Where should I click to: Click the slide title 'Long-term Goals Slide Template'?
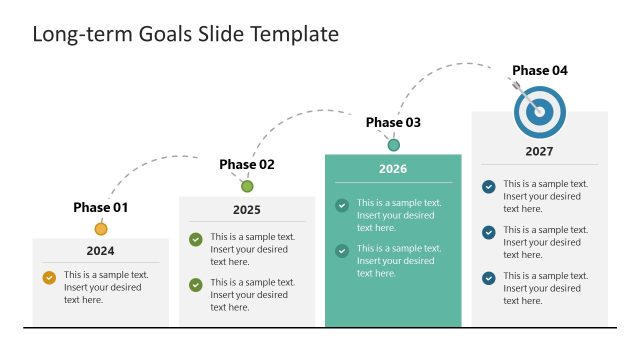(186, 34)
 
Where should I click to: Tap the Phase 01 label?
(101, 208)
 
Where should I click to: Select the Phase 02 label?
(247, 164)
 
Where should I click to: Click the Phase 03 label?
(393, 122)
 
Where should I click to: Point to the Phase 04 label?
(540, 70)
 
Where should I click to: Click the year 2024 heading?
(100, 251)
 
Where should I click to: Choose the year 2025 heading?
(247, 210)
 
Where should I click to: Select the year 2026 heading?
(393, 169)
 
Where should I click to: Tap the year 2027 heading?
(540, 152)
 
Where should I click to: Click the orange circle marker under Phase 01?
(101, 229)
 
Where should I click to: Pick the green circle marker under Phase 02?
(247, 186)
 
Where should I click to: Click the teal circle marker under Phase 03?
(394, 145)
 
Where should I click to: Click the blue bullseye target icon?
(540, 111)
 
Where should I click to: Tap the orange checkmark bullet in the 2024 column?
(49, 278)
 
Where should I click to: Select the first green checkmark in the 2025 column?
(196, 239)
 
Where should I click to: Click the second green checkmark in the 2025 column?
(196, 285)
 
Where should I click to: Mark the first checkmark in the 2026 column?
(342, 205)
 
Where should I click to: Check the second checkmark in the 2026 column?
(342, 251)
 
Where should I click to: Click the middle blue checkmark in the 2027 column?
(488, 232)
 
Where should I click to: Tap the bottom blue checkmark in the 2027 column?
(488, 278)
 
